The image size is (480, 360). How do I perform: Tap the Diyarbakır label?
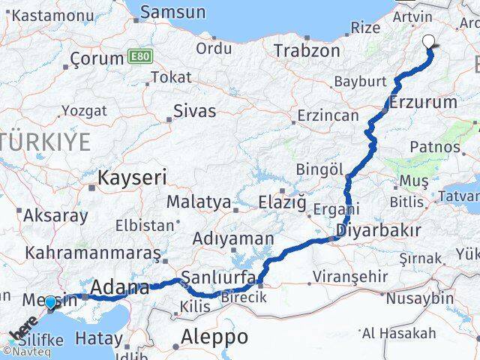(x=378, y=229)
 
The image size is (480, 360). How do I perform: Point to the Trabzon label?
(x=307, y=50)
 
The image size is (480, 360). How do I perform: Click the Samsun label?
(x=172, y=12)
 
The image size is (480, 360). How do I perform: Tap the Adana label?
(x=119, y=287)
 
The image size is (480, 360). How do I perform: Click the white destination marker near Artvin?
(x=430, y=42)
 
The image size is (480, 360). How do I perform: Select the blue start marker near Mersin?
(x=50, y=302)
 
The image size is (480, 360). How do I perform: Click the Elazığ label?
(x=282, y=202)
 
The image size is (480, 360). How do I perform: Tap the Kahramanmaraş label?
(x=92, y=253)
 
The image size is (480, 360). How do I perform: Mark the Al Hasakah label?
(x=398, y=333)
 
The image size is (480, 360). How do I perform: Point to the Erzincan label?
(x=327, y=115)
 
